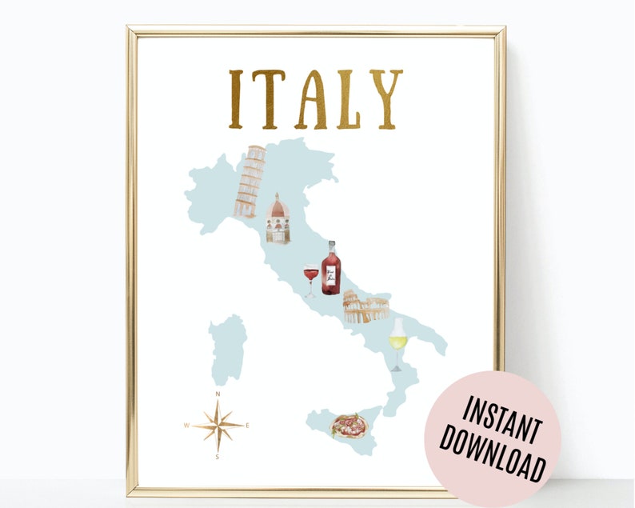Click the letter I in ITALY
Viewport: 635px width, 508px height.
click(236, 99)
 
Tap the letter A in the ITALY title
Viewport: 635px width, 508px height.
click(311, 99)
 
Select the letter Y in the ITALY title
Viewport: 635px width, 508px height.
click(385, 99)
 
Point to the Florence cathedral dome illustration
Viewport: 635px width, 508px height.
click(278, 218)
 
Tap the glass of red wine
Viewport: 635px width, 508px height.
click(310, 279)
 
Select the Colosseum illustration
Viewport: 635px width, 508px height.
click(365, 307)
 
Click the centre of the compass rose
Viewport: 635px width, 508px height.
click(218, 425)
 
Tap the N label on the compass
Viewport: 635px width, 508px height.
click(218, 394)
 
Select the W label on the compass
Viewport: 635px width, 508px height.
click(186, 426)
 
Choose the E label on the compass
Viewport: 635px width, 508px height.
click(248, 426)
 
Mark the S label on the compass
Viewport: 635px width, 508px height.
click(218, 457)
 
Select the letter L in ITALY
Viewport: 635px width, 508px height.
click(349, 99)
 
